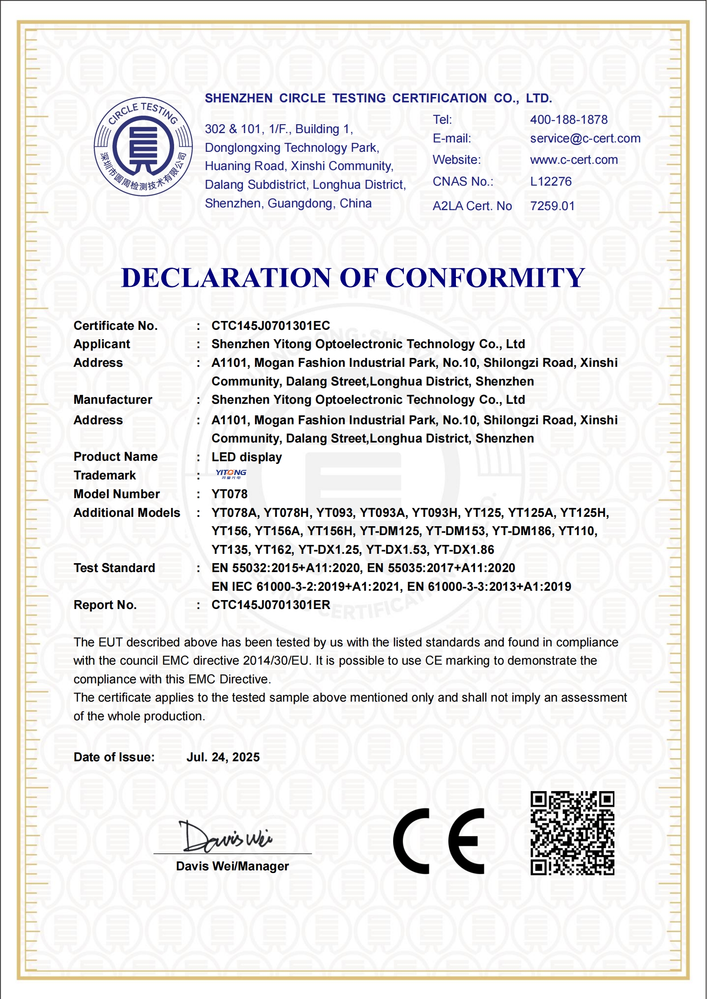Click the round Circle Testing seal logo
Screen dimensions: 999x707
[x=143, y=146]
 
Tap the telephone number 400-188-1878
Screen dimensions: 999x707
[x=569, y=120]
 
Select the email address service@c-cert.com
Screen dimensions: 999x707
[x=585, y=138]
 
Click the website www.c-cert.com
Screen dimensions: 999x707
[x=574, y=160]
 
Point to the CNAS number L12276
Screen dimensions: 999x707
[x=551, y=182]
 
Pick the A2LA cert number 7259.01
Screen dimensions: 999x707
[x=552, y=206]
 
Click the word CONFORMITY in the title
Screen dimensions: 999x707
[x=485, y=278]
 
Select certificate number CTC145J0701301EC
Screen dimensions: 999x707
[x=271, y=326]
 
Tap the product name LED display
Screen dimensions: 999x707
[x=247, y=457]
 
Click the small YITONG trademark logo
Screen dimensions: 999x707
[x=231, y=474]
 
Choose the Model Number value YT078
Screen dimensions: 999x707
[x=229, y=494]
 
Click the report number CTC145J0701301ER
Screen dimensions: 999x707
[x=271, y=605]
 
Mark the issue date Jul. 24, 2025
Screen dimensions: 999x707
[x=223, y=757]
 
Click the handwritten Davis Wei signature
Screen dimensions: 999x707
[x=225, y=837]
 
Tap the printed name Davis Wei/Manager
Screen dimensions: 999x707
[x=232, y=866]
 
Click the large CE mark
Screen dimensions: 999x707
[x=439, y=841]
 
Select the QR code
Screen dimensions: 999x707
[x=572, y=833]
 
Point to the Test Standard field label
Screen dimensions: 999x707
[x=114, y=568]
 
